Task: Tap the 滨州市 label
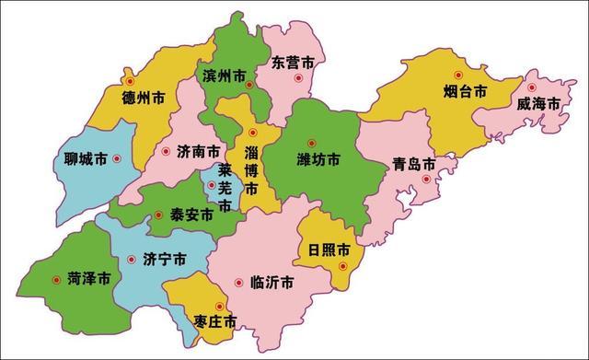pyautogui.click(x=223, y=75)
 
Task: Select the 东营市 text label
pyautogui.click(x=294, y=62)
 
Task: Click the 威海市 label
pyautogui.click(x=538, y=104)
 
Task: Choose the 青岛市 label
pyautogui.click(x=413, y=165)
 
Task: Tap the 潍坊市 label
pyautogui.click(x=318, y=160)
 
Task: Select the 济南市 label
pyautogui.click(x=197, y=151)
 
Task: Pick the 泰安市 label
pyautogui.click(x=191, y=215)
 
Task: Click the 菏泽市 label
pyautogui.click(x=89, y=276)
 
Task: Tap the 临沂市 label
pyautogui.click(x=272, y=282)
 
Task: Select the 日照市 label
pyautogui.click(x=329, y=250)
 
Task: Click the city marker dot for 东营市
pyautogui.click(x=297, y=78)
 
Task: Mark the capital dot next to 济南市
pyautogui.click(x=166, y=151)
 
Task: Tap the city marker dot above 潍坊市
pyautogui.click(x=312, y=142)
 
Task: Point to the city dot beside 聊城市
pyautogui.click(x=116, y=159)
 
